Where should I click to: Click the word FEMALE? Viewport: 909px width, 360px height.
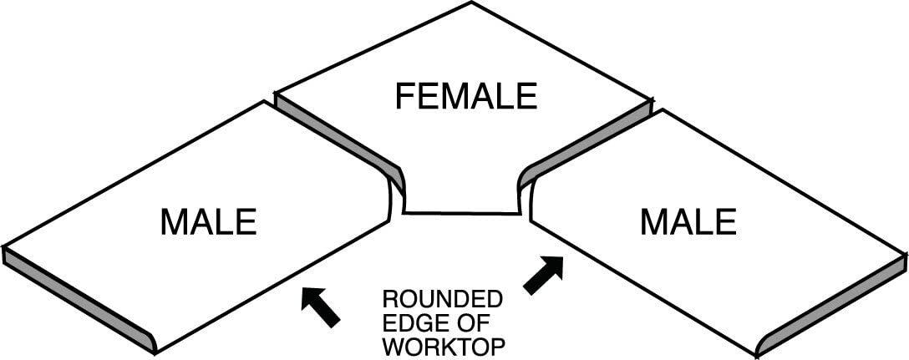click(x=465, y=96)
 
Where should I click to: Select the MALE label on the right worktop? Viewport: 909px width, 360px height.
click(x=688, y=222)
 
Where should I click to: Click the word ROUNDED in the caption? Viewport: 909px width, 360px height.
click(x=442, y=299)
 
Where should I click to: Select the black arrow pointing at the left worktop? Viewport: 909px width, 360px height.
click(x=321, y=307)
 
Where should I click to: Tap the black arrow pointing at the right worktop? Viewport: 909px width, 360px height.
click(x=543, y=275)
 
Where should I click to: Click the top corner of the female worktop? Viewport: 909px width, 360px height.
click(x=472, y=3)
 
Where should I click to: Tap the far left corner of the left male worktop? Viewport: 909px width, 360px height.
click(x=5, y=248)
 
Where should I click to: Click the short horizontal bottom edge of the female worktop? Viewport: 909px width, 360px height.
click(x=462, y=214)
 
